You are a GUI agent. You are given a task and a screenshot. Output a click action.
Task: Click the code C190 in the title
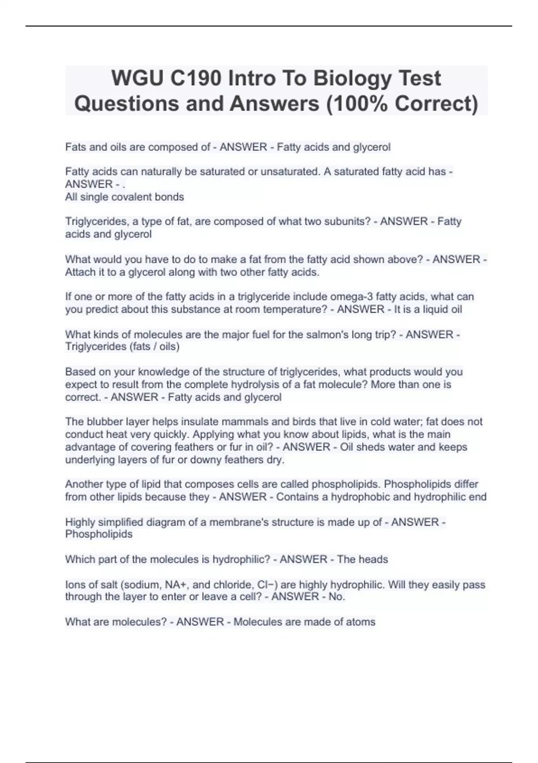point(195,79)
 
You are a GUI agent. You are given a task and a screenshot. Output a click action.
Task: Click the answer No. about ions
point(336,597)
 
